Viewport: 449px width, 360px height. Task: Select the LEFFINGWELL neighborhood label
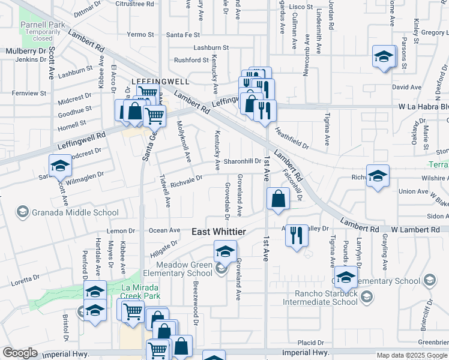(160, 81)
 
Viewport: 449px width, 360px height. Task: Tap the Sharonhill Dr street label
(243, 161)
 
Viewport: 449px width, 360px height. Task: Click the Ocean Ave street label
(164, 230)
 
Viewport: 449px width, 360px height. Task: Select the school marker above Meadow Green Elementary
(225, 251)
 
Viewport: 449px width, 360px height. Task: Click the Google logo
(20, 353)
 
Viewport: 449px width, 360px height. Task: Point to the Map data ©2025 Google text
(411, 355)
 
